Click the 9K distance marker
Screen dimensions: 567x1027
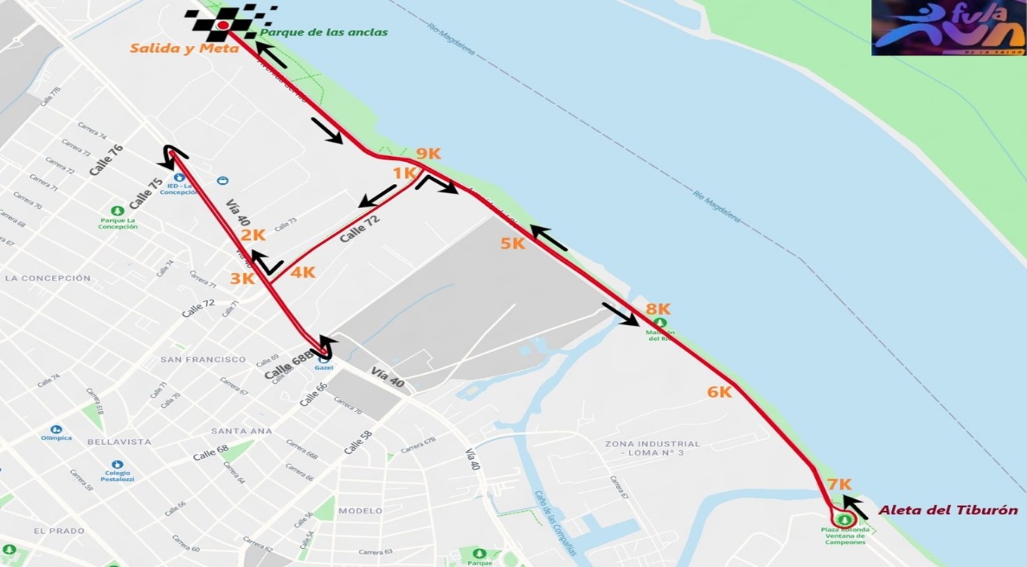428,154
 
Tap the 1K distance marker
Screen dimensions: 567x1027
404,173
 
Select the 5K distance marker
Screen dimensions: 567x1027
512,244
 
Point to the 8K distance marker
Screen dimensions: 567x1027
658,309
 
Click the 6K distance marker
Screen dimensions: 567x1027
719,392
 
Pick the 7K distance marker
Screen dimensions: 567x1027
838,485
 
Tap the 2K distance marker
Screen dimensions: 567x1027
253,235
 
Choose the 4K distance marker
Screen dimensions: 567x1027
302,273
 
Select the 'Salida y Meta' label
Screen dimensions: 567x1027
184,48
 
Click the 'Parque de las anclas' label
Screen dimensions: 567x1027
323,32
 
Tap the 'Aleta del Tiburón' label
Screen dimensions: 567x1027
948,510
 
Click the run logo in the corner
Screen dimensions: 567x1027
948,28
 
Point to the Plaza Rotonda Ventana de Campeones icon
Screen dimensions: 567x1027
843,519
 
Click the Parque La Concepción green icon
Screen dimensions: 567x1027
117,211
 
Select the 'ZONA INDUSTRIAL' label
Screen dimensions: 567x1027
652,444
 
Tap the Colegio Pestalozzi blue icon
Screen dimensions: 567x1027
116,465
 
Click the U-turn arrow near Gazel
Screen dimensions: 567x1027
325,347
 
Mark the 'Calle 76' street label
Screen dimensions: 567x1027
106,160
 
